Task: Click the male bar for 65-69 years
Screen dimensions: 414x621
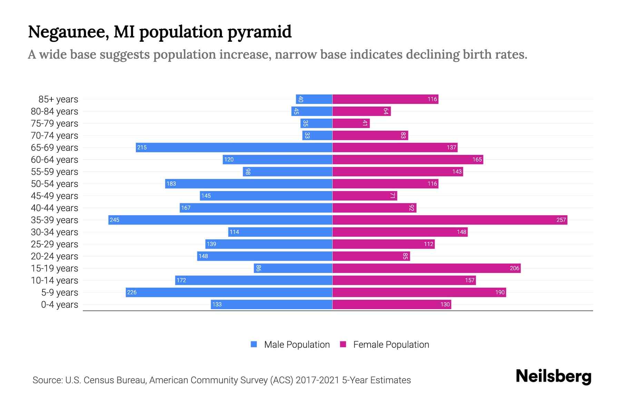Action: [x=234, y=148]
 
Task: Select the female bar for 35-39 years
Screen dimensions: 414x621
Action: [x=450, y=220]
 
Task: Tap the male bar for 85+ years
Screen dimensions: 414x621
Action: [x=314, y=99]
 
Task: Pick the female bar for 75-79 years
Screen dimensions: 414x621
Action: [x=351, y=124]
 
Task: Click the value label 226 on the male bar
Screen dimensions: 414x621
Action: [x=132, y=293]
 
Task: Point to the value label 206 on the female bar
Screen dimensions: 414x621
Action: [x=514, y=268]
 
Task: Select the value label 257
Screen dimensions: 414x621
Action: [x=561, y=220]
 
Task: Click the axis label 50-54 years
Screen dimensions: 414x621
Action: [x=55, y=184]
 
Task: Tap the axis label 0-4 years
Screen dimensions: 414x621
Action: [x=59, y=305]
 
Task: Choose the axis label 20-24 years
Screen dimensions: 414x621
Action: [x=55, y=256]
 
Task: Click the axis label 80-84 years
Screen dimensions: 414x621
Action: [x=55, y=111]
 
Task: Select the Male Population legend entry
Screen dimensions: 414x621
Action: [x=297, y=345]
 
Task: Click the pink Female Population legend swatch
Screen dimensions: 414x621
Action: [x=343, y=344]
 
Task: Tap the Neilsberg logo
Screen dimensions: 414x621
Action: [x=553, y=376]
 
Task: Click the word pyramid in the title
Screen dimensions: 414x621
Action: [x=259, y=32]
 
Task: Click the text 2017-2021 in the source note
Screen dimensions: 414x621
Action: [x=317, y=380]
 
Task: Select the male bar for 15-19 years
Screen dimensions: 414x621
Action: [x=293, y=268]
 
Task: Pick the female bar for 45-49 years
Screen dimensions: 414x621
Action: [x=365, y=196]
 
